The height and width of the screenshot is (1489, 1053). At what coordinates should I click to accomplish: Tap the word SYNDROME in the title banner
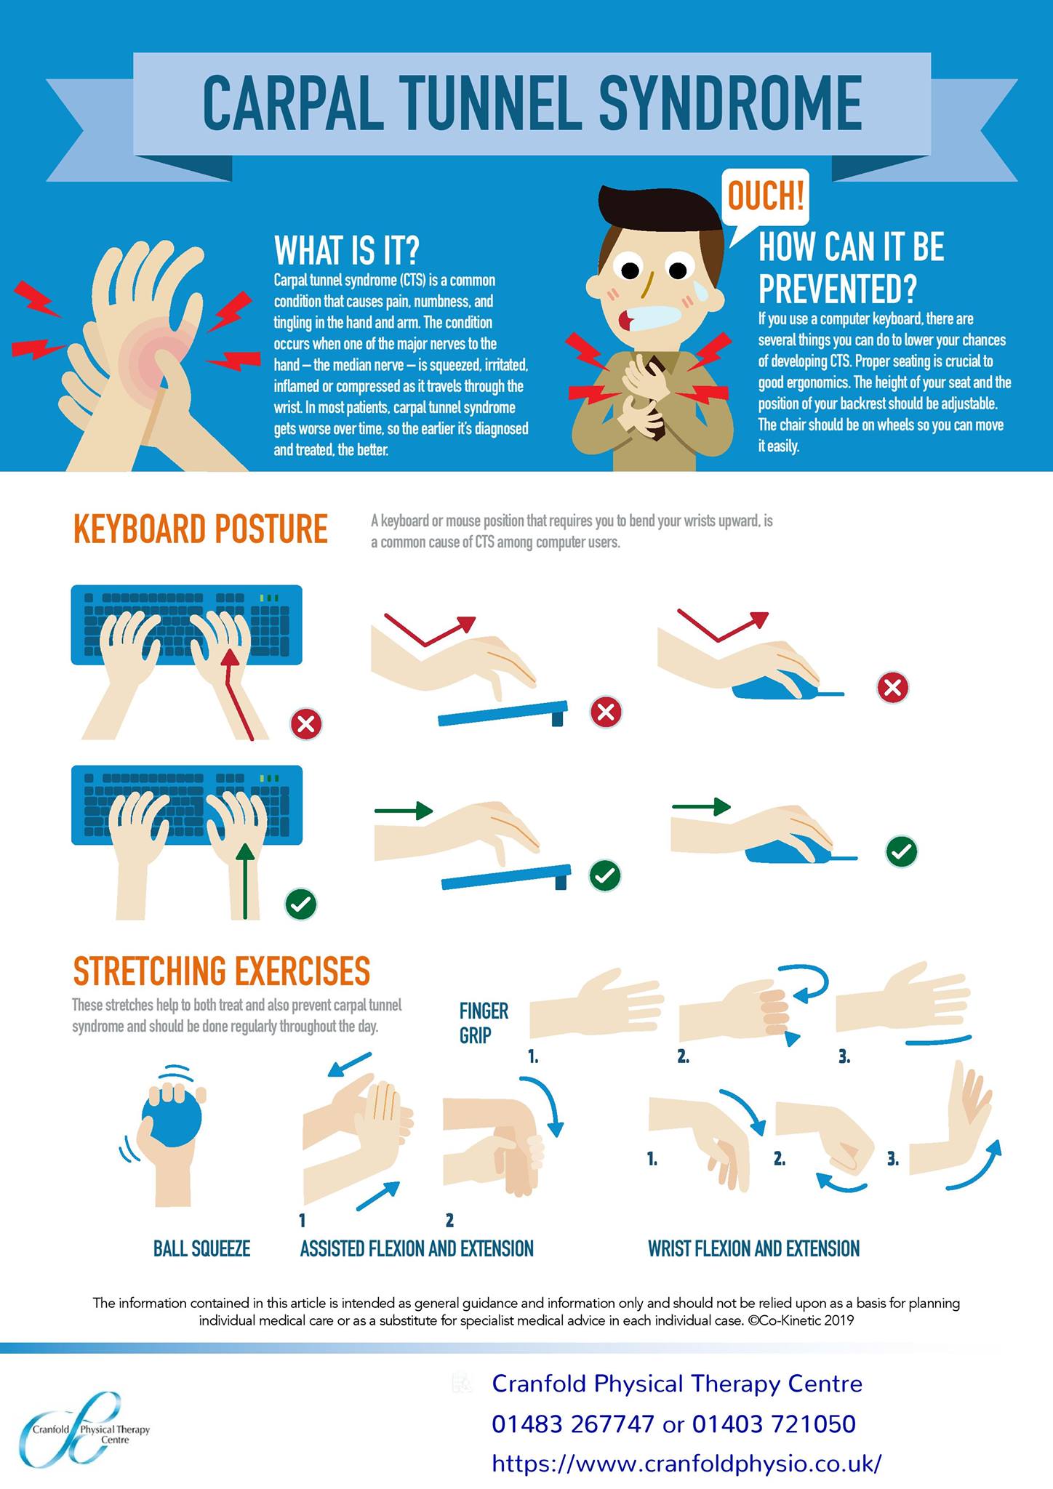(730, 103)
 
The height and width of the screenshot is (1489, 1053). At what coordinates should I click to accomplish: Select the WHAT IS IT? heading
(347, 250)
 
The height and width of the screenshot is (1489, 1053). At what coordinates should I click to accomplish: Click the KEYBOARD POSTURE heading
(201, 529)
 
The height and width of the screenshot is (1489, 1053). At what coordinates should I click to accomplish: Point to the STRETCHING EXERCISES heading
(222, 971)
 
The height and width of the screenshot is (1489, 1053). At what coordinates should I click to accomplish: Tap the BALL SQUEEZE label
(201, 1249)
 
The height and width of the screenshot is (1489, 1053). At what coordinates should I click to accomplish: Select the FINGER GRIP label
(484, 1023)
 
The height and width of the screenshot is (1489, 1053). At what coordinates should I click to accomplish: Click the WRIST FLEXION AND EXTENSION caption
(753, 1249)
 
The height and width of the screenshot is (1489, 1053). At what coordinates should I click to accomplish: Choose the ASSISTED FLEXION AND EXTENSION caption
(417, 1249)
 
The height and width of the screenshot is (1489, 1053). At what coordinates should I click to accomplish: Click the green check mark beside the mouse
(902, 851)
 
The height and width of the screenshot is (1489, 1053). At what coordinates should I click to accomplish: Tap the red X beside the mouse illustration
(893, 687)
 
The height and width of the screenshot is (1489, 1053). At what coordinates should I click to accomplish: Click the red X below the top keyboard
(306, 723)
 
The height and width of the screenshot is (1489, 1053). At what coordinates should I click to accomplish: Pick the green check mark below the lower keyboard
(301, 904)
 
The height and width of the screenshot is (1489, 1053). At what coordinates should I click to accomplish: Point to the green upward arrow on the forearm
(246, 880)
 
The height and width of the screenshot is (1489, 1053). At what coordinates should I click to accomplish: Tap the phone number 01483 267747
(573, 1424)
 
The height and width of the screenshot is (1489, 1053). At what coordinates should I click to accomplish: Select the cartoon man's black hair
(662, 216)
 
